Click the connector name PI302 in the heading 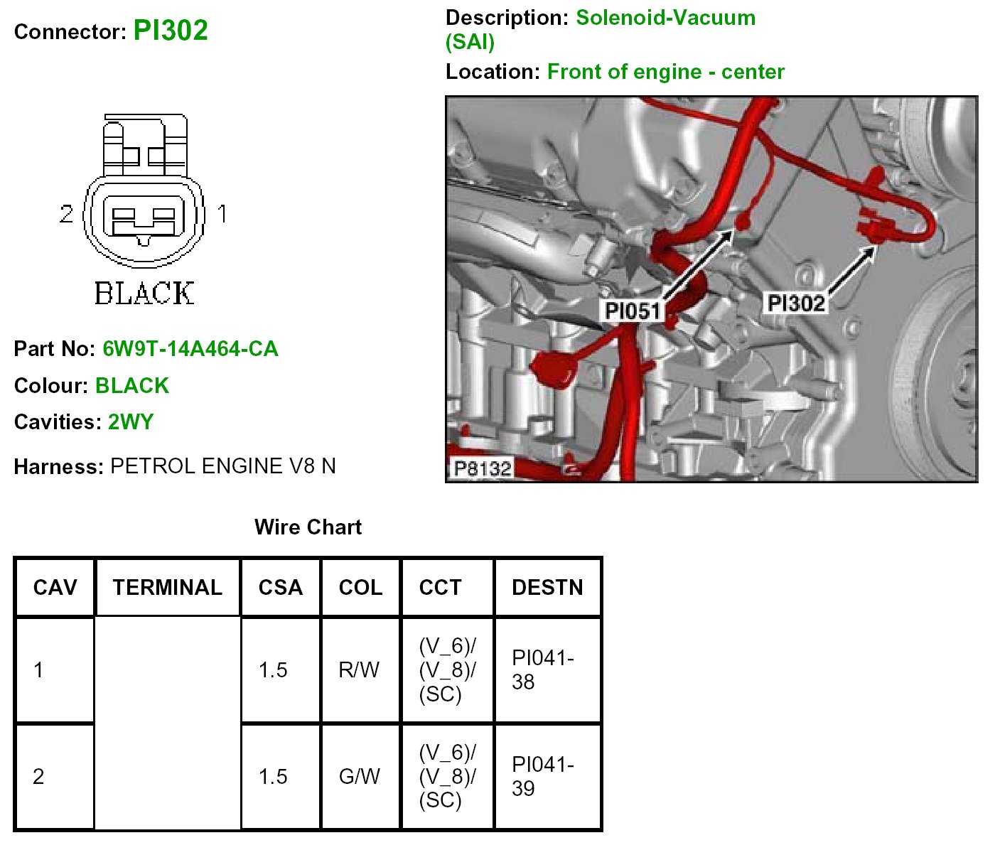(x=171, y=31)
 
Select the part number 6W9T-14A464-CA (x=190, y=349)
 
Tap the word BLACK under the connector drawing (x=144, y=294)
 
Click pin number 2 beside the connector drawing (x=66, y=213)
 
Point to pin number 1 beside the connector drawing (x=222, y=213)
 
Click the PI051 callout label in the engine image (x=632, y=311)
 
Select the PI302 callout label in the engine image (x=796, y=303)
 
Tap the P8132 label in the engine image (x=483, y=468)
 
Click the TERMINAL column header (x=167, y=588)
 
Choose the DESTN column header (x=547, y=588)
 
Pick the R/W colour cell (x=359, y=670)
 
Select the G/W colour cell (x=360, y=777)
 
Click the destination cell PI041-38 (x=542, y=670)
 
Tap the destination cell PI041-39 (x=542, y=777)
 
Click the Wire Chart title (x=308, y=527)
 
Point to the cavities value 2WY (x=131, y=422)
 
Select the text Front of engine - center (x=666, y=72)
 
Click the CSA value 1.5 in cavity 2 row (x=273, y=777)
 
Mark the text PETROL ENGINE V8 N (x=223, y=466)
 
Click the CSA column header (x=281, y=588)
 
